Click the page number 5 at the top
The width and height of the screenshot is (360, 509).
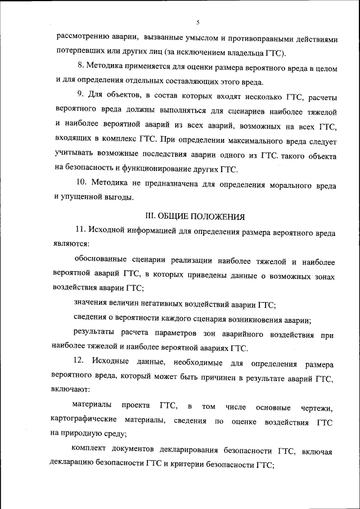[198, 22]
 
